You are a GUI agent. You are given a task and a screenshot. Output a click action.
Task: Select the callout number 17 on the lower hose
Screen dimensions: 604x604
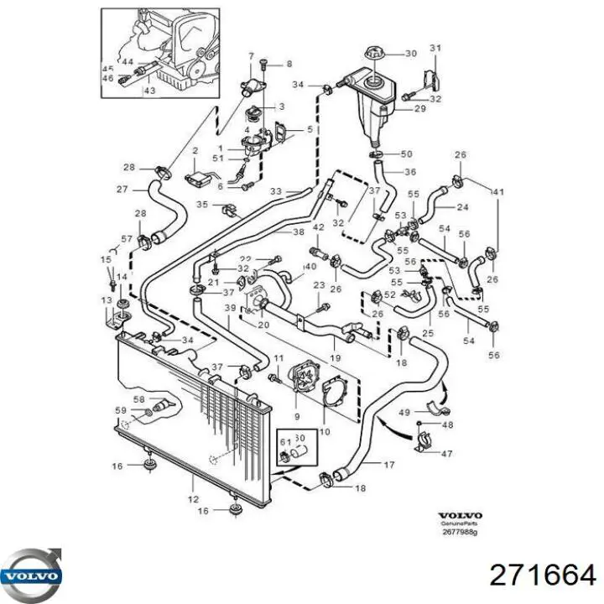[x=388, y=465]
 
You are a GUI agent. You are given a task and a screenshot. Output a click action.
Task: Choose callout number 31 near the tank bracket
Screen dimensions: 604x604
[x=435, y=47]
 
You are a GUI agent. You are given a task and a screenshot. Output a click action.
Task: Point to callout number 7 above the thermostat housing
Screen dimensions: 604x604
[x=250, y=56]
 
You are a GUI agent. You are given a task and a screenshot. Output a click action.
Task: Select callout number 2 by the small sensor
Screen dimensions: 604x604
[x=195, y=150]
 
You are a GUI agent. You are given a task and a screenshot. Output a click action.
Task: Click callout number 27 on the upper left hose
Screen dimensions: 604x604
[x=122, y=189]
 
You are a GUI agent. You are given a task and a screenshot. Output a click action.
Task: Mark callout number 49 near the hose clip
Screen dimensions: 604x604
[x=404, y=412]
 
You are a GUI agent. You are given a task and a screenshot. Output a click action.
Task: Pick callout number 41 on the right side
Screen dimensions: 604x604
[x=498, y=193]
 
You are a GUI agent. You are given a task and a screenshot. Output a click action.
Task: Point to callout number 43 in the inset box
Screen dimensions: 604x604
[x=148, y=91]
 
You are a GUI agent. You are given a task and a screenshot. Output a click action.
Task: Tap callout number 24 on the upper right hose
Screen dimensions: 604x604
[x=462, y=206]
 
